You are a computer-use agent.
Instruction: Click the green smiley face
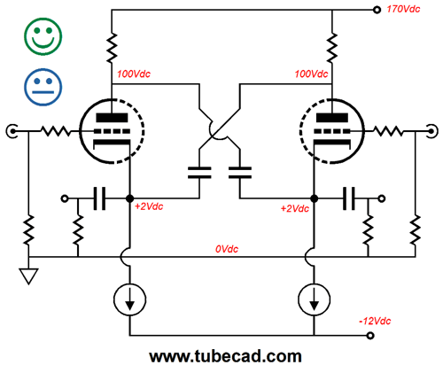tap(43, 36)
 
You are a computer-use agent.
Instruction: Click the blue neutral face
tap(43, 87)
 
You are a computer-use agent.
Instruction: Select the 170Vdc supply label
tap(403, 9)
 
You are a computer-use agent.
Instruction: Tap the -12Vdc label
tap(375, 321)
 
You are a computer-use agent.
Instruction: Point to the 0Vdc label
tap(227, 249)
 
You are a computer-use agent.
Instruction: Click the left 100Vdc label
tap(134, 74)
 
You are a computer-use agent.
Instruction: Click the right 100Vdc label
tap(311, 74)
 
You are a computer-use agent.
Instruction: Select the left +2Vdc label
tap(149, 206)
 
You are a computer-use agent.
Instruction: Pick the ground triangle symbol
tap(28, 276)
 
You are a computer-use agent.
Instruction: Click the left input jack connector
tap(12, 131)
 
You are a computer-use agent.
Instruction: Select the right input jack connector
tap(431, 131)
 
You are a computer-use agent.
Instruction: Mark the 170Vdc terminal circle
tap(377, 10)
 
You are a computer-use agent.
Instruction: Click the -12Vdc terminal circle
tap(370, 336)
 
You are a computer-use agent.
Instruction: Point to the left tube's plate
tap(112, 118)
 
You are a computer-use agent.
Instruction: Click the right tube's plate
tap(332, 118)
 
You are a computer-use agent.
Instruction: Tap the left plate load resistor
tap(112, 48)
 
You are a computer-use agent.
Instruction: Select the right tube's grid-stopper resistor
tap(388, 131)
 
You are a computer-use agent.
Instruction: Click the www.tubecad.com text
tap(225, 356)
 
